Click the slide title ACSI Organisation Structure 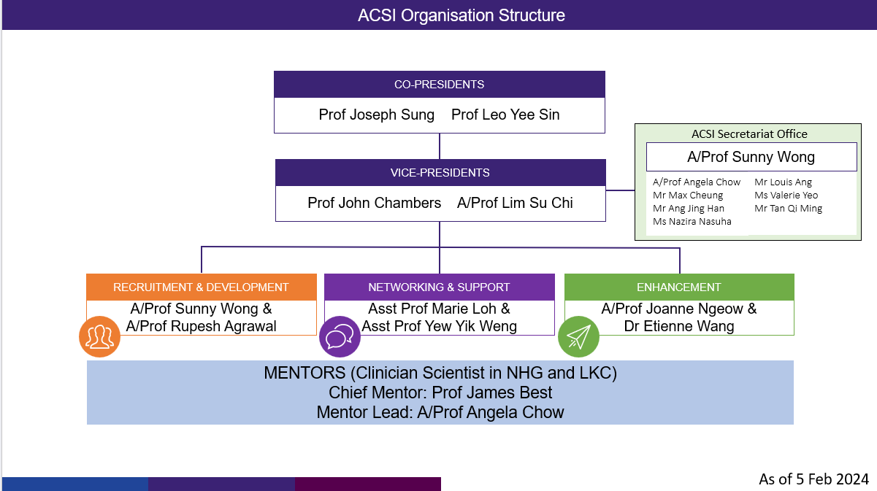tap(461, 15)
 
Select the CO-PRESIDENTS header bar tap(439, 85)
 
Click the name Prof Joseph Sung tap(376, 115)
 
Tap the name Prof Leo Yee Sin tap(505, 115)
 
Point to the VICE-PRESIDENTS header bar tap(440, 173)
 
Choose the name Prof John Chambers tap(374, 203)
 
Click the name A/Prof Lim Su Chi tap(515, 203)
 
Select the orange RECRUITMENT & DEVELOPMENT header tap(201, 287)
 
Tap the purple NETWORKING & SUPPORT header tap(439, 287)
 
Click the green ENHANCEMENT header tap(678, 287)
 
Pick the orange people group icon tap(100, 336)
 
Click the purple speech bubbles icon tap(340, 336)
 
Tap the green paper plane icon tap(578, 336)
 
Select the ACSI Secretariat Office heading tap(749, 134)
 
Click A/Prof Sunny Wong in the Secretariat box tap(751, 157)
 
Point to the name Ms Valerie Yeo tap(786, 196)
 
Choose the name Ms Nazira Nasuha tap(692, 222)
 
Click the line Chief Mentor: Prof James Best tap(440, 393)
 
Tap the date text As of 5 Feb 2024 tap(814, 479)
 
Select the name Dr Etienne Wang tap(679, 326)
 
